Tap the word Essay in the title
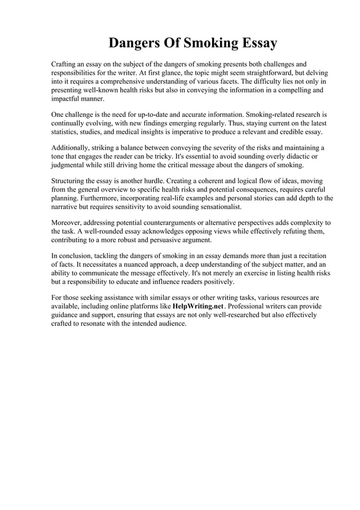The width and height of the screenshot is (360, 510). [257, 43]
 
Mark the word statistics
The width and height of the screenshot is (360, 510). [67, 132]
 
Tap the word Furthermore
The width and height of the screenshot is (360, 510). [104, 198]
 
